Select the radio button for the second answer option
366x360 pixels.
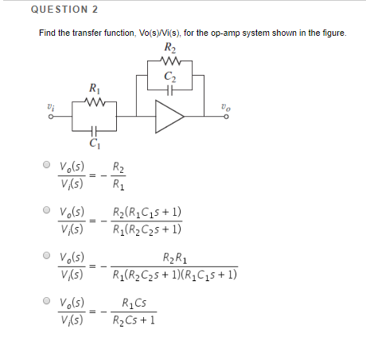point(47,211)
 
